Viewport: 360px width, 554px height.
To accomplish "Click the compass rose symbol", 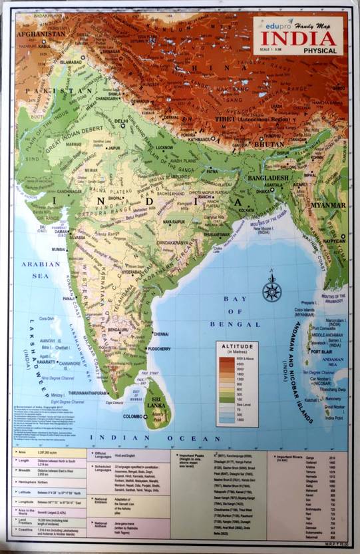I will click(x=271, y=290).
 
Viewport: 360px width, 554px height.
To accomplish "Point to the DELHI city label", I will click(x=121, y=122).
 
